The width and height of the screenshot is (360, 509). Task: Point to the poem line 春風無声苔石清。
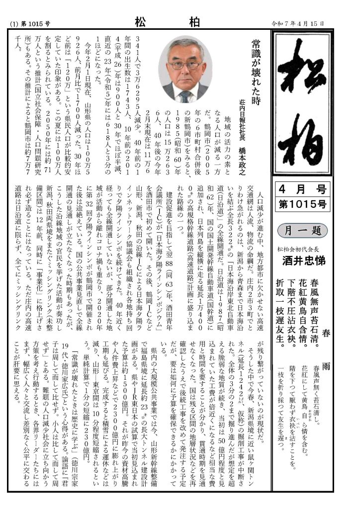click(326, 311)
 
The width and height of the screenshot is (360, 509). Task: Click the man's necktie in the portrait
click(185, 95)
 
